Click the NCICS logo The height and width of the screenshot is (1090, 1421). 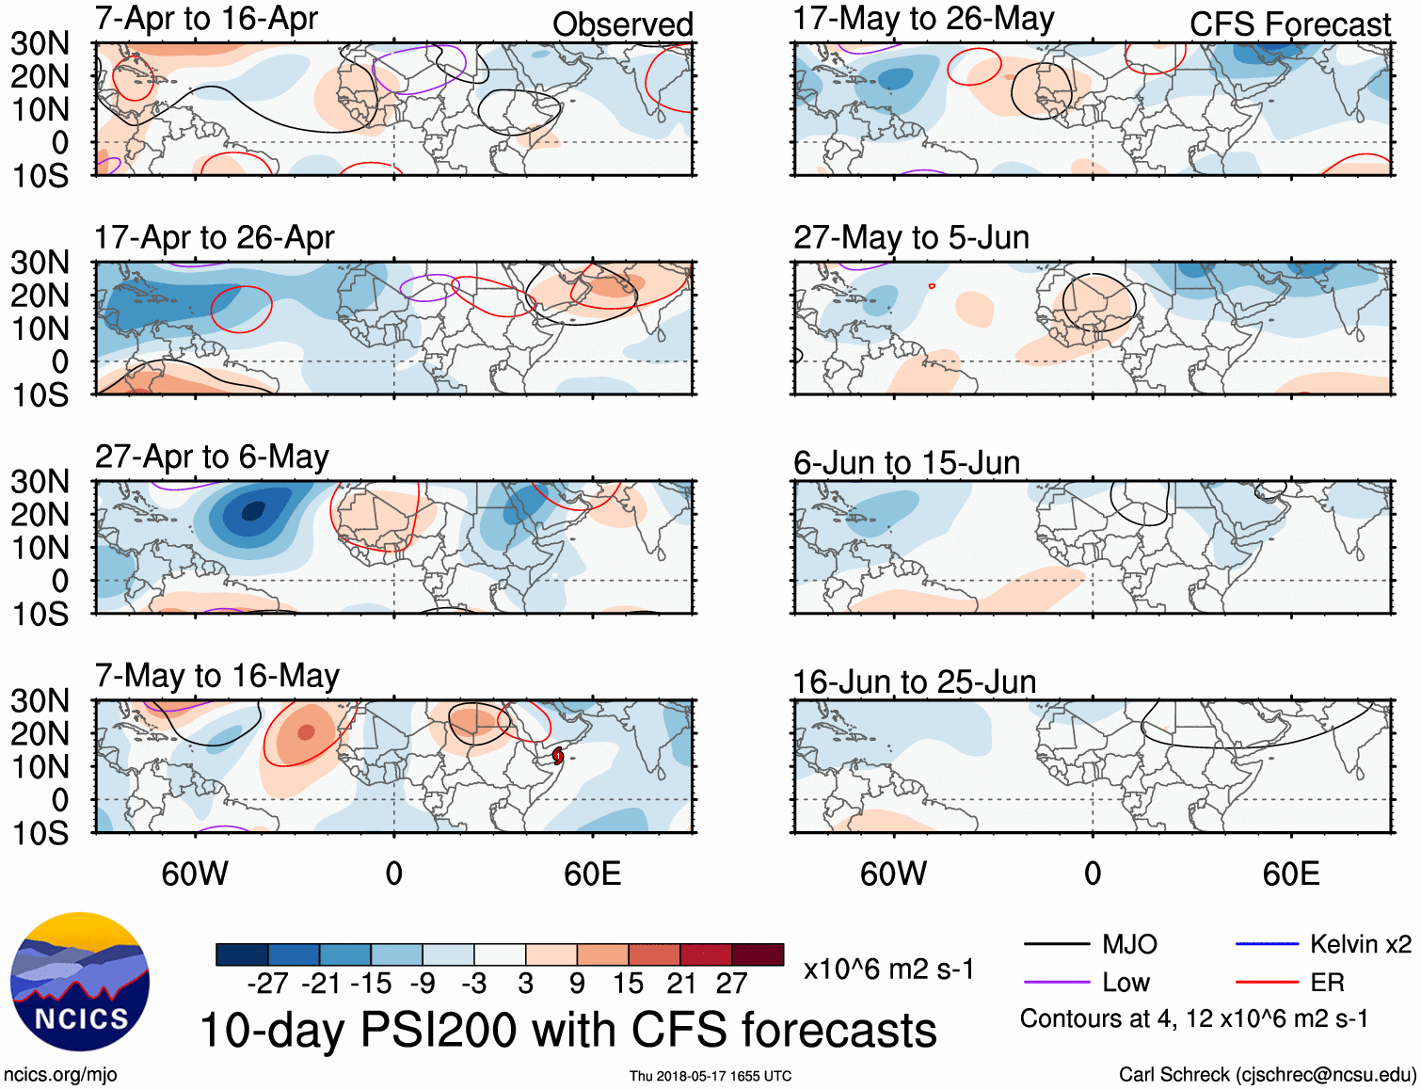click(80, 982)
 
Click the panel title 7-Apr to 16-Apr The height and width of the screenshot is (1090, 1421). click(206, 19)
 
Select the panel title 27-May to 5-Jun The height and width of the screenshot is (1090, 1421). click(911, 237)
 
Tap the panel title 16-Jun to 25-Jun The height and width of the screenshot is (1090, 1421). click(914, 681)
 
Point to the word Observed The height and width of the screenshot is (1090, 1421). click(622, 24)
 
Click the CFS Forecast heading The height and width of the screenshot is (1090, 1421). click(1289, 24)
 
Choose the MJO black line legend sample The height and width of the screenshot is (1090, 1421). click(1056, 944)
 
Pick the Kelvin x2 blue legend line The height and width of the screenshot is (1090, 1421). click(1267, 944)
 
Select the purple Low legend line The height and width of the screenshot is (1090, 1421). click(1056, 983)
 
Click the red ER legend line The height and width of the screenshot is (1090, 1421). click(1267, 983)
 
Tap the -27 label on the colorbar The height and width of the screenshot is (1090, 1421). click(267, 984)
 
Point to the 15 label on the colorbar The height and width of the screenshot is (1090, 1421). click(628, 984)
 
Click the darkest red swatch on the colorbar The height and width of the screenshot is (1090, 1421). click(758, 954)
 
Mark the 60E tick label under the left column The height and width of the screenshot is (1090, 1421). click(592, 874)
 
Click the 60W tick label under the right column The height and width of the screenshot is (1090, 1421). click(893, 874)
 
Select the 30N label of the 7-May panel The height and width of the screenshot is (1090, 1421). click(40, 701)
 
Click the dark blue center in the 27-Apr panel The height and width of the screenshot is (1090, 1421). click(252, 512)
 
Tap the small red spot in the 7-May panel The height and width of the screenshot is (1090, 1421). click(558, 755)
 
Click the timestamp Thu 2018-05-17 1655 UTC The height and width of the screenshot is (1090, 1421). click(710, 1076)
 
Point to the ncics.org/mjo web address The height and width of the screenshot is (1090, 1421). click(60, 1075)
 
